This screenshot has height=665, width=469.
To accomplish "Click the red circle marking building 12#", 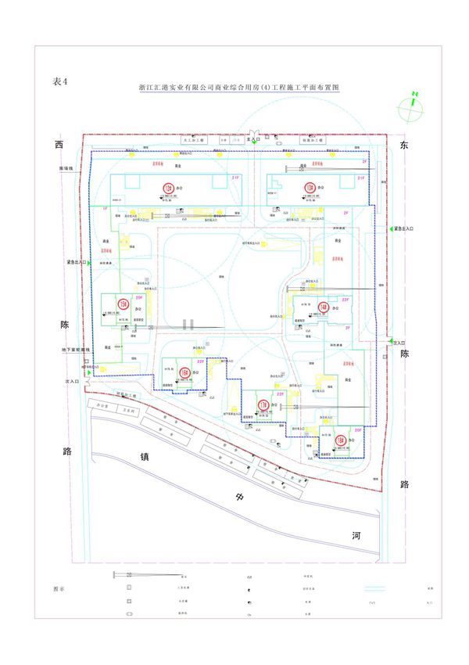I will [x=166, y=187].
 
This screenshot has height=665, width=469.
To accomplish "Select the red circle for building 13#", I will [x=310, y=187].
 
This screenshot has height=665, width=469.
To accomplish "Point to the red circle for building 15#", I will [x=123, y=304].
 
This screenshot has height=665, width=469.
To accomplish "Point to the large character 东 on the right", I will [x=404, y=146].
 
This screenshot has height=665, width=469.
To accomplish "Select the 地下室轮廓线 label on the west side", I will [x=77, y=350].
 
